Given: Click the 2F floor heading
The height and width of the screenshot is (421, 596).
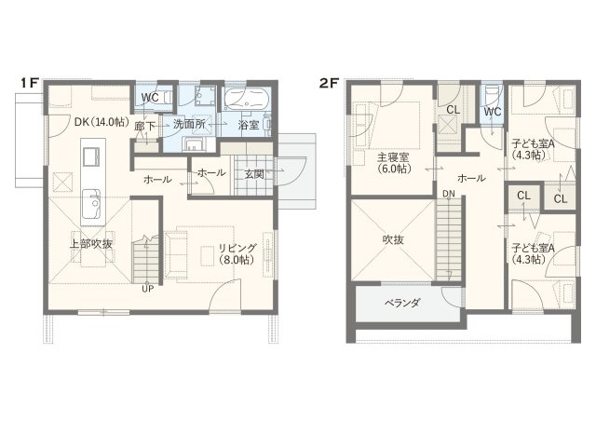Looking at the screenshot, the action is (329, 83).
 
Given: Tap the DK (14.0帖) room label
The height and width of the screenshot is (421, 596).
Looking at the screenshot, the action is (102, 122).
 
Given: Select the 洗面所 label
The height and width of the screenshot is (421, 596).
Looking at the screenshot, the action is (189, 124).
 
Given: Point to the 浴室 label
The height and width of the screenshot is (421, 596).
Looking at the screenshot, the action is (249, 125).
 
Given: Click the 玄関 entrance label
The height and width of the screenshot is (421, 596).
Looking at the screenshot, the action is (253, 174).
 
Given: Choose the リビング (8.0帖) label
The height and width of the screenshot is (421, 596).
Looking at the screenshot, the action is (237, 253).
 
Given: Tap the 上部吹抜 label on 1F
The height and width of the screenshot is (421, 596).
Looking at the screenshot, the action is (91, 244).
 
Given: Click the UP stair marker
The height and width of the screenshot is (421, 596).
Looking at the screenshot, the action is (147, 289).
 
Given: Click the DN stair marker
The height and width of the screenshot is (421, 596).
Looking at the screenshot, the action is (449, 194).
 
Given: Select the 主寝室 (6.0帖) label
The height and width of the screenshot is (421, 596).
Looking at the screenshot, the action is (393, 162).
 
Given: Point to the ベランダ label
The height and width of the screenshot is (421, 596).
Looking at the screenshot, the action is (401, 303).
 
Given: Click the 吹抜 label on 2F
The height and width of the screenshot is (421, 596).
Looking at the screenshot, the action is (393, 239).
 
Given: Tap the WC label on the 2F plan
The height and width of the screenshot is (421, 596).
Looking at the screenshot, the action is (493, 112).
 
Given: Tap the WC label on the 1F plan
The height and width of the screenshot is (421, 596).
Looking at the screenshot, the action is (150, 98).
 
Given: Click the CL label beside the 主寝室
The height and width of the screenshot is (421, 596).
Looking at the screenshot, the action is (453, 110).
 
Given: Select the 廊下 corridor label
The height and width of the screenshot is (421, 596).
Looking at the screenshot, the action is (145, 127).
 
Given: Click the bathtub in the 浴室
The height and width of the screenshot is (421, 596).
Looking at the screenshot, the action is (247, 97).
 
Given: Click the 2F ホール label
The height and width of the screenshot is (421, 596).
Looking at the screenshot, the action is (471, 178).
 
